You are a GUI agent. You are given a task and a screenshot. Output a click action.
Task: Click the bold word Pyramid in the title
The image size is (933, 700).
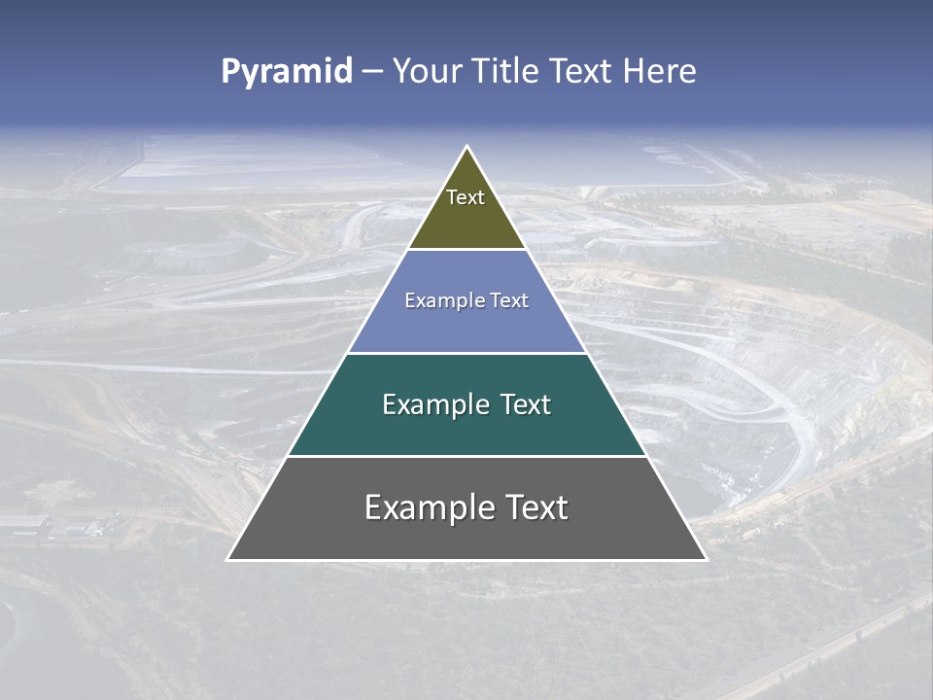[x=286, y=71]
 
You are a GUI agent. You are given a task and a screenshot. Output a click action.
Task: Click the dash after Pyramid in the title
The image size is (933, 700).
[x=371, y=72]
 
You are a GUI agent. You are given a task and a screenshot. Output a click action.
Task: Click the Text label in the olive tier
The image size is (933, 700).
[x=466, y=197]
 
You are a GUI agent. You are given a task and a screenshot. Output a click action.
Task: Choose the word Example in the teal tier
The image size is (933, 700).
[x=432, y=404]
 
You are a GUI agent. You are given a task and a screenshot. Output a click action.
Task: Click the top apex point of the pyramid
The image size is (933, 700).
[x=466, y=147]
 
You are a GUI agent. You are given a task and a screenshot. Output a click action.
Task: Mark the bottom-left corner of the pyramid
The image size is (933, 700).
[x=228, y=559]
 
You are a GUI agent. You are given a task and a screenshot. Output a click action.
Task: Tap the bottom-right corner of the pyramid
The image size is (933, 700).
[x=706, y=559]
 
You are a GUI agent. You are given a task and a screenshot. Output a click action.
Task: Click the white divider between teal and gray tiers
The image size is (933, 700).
[x=466, y=456]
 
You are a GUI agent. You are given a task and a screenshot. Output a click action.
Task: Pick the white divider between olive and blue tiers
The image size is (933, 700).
[x=466, y=250]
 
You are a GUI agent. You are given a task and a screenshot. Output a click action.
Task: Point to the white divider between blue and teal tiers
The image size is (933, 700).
[x=466, y=353]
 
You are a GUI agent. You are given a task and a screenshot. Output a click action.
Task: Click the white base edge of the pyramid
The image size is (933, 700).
[x=466, y=560]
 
